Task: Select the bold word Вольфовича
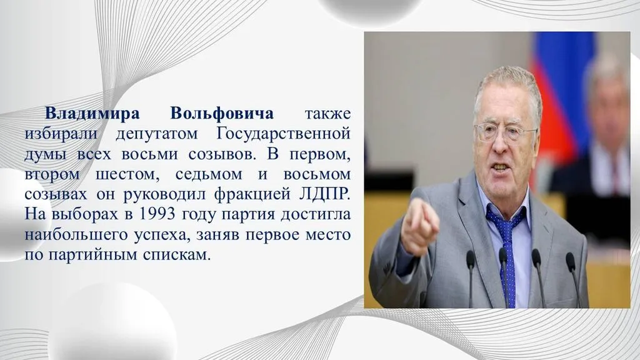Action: pyautogui.click(x=221, y=115)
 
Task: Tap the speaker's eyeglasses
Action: pyautogui.click(x=505, y=132)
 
